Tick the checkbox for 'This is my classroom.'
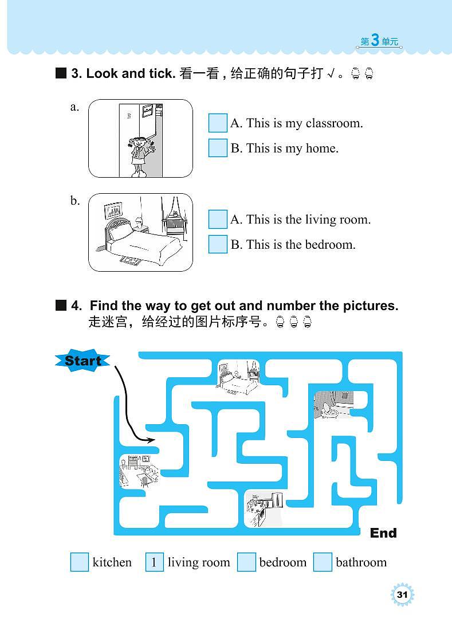coord(218,123)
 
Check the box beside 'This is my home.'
coord(218,148)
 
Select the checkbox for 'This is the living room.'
coord(218,220)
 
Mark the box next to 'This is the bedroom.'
coord(218,244)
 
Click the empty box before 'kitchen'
coord(80,562)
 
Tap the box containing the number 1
coord(155,562)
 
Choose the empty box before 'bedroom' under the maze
coord(246,562)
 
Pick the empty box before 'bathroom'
coord(323,562)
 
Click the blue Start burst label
coord(82,361)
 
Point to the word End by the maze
coord(383,533)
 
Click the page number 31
coord(402,594)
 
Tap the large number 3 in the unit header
coord(375,40)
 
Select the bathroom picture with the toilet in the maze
coord(333,404)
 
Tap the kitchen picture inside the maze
coord(264,508)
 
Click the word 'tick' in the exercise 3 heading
coord(162,73)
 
